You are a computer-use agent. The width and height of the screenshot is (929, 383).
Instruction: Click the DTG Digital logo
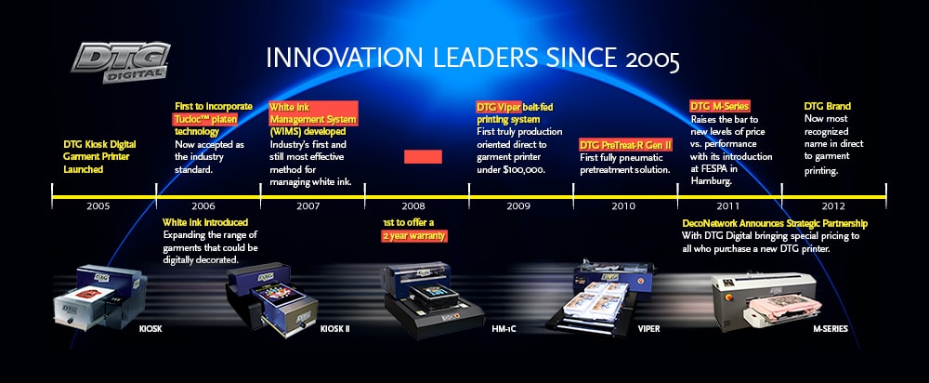120,61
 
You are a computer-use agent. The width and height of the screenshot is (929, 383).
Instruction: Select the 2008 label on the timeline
413,206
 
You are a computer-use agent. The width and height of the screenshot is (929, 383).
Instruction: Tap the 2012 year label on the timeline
833,206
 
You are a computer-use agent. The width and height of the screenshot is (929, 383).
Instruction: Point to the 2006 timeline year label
203,206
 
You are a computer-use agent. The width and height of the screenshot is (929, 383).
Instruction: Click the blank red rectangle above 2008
423,156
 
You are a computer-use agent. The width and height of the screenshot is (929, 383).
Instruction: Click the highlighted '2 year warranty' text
413,235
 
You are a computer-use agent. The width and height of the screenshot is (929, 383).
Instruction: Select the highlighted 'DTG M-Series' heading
719,106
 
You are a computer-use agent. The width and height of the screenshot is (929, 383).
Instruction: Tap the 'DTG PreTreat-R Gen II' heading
625,145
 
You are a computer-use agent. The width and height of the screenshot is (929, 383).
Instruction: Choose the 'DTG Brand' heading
827,106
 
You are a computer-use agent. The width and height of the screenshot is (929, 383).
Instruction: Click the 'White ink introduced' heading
205,222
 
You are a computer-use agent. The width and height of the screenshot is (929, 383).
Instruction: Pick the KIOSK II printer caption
334,328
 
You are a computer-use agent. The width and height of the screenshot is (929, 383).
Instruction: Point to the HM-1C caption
504,328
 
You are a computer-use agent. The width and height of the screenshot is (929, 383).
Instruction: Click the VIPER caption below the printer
648,328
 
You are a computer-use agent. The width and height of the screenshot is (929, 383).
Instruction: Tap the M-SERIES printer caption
830,328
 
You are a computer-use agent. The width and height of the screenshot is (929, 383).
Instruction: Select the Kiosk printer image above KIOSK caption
99,296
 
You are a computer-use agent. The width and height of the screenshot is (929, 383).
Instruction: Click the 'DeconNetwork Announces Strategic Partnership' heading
775,223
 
